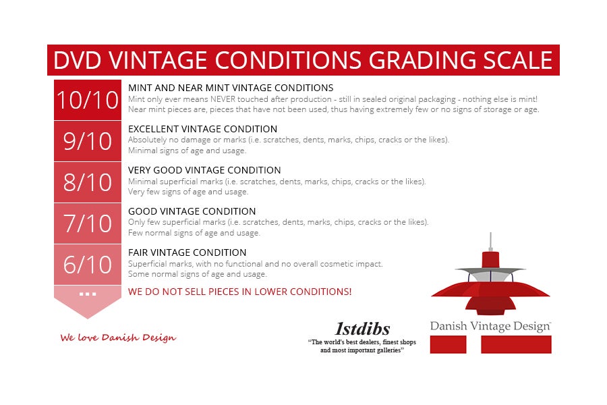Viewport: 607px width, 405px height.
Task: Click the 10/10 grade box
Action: pos(88,100)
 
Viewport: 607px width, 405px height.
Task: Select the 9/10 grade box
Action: pos(88,141)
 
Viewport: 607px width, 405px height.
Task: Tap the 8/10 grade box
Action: pos(88,182)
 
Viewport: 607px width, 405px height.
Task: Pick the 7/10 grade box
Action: pos(88,223)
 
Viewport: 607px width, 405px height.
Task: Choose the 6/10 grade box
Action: pos(88,265)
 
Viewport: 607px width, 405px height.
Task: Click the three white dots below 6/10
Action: pos(88,294)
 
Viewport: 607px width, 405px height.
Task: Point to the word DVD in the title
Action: pos(78,60)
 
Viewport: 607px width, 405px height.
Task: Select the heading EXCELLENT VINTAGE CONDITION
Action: pos(202,129)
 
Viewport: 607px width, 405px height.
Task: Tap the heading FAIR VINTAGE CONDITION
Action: pos(187,252)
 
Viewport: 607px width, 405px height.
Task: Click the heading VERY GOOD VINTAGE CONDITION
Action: pos(204,170)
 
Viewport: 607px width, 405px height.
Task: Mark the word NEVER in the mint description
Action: pos(223,99)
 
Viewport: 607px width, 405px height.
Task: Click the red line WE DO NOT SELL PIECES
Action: pos(239,292)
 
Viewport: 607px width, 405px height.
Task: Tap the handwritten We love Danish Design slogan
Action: pos(118,337)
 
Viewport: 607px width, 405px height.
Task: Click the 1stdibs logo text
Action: pos(362,329)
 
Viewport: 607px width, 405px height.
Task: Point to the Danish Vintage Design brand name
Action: pos(490,326)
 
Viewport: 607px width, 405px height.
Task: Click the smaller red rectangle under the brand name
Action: pos(448,344)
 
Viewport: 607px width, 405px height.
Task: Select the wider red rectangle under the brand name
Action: pos(516,344)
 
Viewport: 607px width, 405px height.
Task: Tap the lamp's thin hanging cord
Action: pos(490,242)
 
